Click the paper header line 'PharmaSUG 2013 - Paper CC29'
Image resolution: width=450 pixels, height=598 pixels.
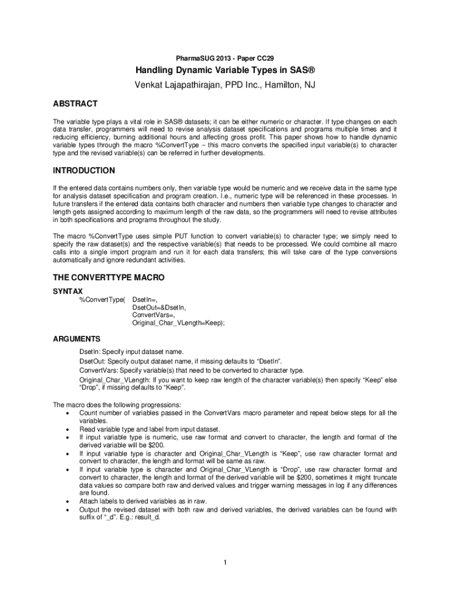click(x=224, y=58)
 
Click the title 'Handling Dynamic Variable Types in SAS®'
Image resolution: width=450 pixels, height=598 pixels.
click(x=224, y=72)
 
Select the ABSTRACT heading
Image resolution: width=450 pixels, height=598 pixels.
click(x=75, y=104)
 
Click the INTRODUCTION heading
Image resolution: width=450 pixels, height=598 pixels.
click(x=84, y=171)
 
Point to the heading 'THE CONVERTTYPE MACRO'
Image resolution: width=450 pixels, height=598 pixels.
click(x=109, y=277)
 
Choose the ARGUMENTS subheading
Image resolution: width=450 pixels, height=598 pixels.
click(x=77, y=339)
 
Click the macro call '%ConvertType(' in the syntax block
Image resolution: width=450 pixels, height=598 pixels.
click(x=102, y=299)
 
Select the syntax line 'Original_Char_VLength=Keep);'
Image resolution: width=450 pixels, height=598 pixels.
click(x=178, y=322)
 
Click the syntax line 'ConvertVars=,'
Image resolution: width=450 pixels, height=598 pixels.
click(x=153, y=315)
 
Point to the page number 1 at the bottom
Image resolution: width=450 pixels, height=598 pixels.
click(x=225, y=562)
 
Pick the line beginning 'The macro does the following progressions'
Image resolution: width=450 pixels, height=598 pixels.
click(x=117, y=405)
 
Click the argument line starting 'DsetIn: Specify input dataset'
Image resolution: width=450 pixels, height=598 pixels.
click(x=140, y=352)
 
